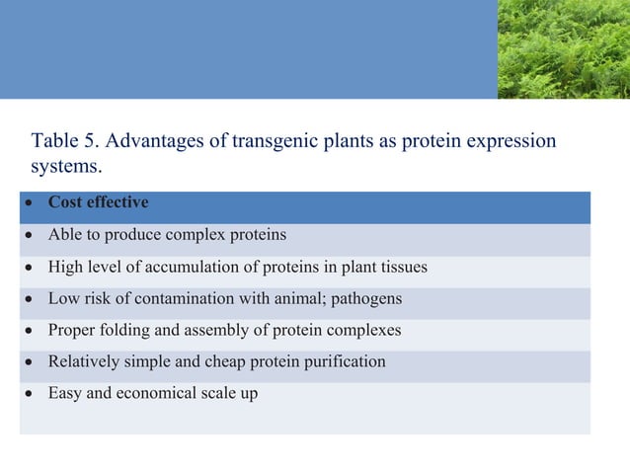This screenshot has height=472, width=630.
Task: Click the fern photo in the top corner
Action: [x=563, y=48]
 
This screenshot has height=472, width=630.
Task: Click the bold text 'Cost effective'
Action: [x=99, y=203]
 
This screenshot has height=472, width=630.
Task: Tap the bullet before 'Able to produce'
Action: [x=32, y=236]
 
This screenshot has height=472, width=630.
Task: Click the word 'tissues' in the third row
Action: [x=403, y=267]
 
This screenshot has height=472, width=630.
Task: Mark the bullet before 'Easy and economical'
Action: [x=32, y=394]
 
